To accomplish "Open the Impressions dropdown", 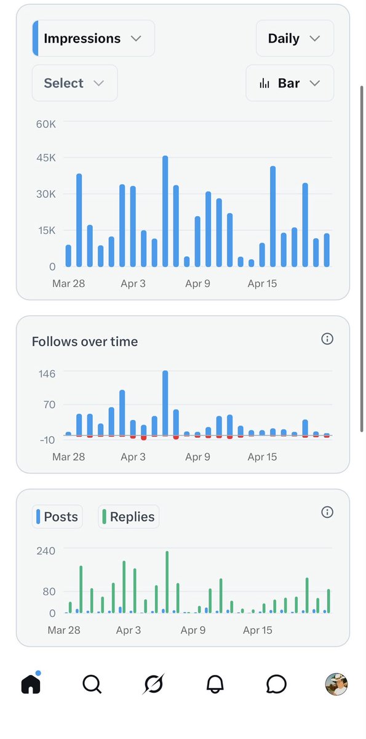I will coord(93,38).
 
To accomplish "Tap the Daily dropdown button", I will coord(295,38).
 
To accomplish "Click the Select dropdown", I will coord(74,83).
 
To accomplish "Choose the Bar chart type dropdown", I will coord(290,83).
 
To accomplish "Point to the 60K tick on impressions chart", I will coord(46,124).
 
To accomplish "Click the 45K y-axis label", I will coord(46,158).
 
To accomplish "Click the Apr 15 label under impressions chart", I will coord(262,284).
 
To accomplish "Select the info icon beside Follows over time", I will coord(327,339).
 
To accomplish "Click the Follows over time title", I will coord(85,342).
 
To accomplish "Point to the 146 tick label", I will coord(47,374).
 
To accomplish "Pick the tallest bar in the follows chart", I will coord(165,403).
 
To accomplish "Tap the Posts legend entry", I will coord(57,517).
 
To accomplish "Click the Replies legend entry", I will coord(129,517).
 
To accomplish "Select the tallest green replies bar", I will coord(167,582).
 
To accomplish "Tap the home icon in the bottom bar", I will coord(31,683).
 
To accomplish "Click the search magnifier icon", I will coord(92,684).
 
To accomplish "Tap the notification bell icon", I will coord(215,684).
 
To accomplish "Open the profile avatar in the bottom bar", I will coord(336,684).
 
